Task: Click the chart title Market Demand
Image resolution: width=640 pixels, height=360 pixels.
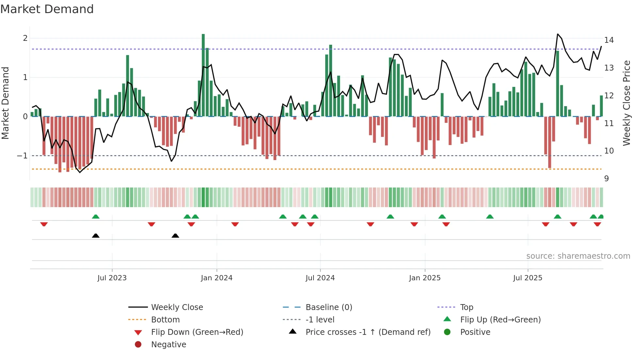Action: point(47,9)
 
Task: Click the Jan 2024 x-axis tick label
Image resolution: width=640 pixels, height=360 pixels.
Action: point(216,278)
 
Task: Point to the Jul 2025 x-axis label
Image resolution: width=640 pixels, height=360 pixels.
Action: point(527,278)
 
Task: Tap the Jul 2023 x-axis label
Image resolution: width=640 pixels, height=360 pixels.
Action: point(112,278)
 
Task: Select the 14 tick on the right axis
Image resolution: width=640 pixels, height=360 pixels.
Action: point(609,40)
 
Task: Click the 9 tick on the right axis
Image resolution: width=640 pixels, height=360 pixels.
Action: point(606,179)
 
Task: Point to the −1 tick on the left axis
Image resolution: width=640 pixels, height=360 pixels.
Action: point(22,156)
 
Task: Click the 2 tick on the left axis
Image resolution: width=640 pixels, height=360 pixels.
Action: point(25,38)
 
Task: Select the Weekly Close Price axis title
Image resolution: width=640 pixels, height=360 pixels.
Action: point(626,103)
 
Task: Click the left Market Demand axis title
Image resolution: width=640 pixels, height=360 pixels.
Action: point(6,103)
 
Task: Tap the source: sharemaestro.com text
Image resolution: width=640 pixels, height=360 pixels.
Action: point(578,256)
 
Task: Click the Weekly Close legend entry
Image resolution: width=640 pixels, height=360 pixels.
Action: point(177,307)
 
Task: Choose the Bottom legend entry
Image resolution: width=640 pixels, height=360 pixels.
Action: point(165,320)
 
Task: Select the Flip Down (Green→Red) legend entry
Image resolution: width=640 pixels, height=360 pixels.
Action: point(197,332)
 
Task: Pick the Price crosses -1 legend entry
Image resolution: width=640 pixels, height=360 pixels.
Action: point(368,332)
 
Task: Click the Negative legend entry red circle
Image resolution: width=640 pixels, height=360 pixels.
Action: point(138,344)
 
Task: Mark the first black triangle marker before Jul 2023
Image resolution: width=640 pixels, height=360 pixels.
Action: point(96,236)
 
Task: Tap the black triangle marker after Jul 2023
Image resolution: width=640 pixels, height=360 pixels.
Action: point(175,236)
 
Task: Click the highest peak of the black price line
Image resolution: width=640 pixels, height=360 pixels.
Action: point(558,34)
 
